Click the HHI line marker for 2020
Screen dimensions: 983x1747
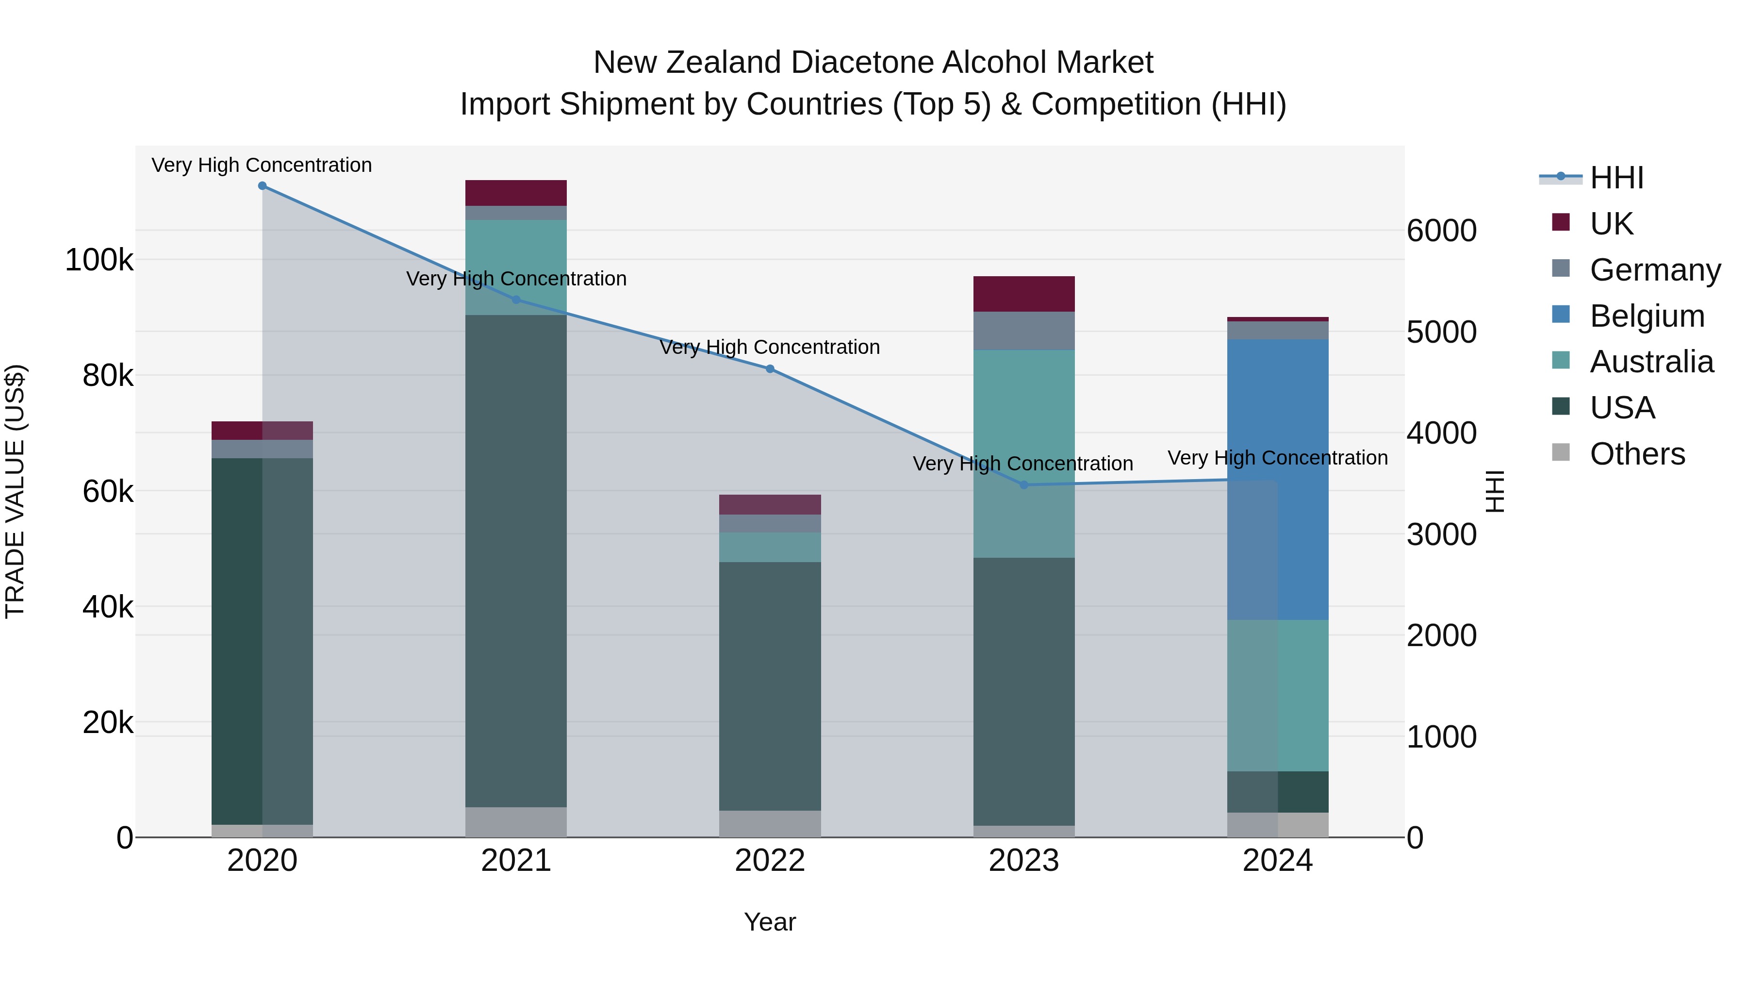click(x=263, y=186)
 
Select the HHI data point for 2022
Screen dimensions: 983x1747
click(x=770, y=369)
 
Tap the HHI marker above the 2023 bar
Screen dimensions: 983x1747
click(x=1024, y=485)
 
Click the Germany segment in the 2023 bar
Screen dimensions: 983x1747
click(x=1024, y=331)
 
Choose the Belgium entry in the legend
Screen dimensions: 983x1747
click(x=1647, y=316)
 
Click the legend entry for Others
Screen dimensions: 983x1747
click(x=1637, y=454)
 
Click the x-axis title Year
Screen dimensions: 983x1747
click(x=770, y=922)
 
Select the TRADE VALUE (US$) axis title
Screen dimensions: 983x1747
click(x=15, y=491)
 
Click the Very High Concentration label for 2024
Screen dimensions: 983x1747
click(x=1277, y=458)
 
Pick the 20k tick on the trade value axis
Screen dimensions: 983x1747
click(x=109, y=722)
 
